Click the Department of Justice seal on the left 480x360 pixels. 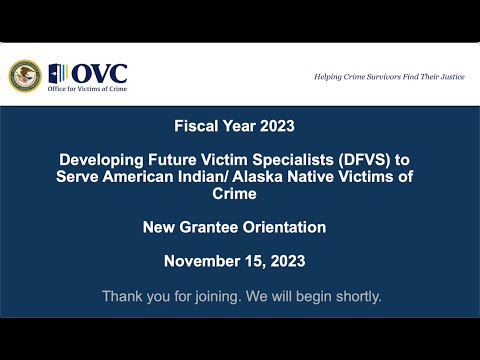click(24, 75)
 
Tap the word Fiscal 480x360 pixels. click(197, 127)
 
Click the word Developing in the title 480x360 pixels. click(97, 160)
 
